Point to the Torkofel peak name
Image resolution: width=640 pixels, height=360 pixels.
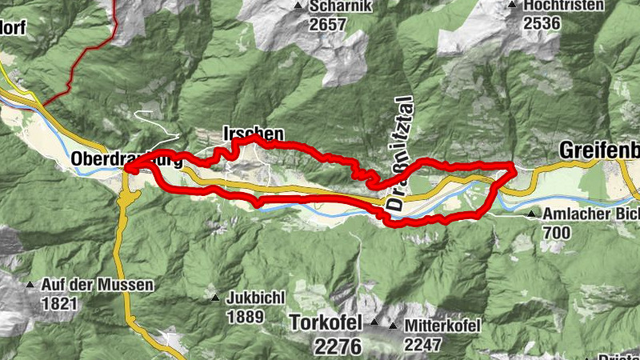pyautogui.click(x=324, y=325)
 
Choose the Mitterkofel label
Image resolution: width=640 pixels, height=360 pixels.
pyautogui.click(x=442, y=326)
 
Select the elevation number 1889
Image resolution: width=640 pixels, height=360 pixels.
pyautogui.click(x=245, y=316)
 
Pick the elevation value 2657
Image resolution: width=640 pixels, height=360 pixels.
pyautogui.click(x=328, y=24)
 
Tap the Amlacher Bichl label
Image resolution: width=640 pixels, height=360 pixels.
pyautogui.click(x=590, y=214)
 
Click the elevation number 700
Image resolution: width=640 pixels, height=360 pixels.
pyautogui.click(x=556, y=233)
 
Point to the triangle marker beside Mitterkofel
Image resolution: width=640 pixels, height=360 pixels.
pyautogui.click(x=393, y=326)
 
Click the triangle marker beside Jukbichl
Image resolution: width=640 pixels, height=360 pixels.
pyautogui.click(x=214, y=298)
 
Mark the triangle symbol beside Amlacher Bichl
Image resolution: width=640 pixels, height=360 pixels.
pyautogui.click(x=532, y=214)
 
